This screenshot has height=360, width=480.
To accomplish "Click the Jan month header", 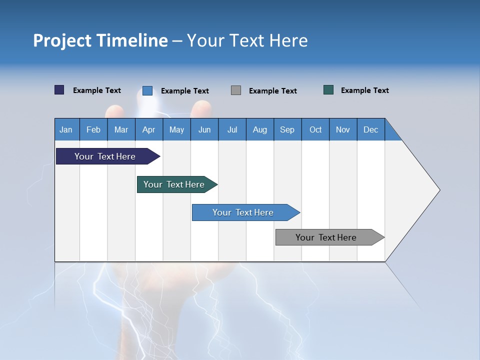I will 66,129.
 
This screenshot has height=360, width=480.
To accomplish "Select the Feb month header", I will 93,129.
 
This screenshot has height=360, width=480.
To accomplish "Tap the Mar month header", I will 121,129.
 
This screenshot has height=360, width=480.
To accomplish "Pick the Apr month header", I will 149,129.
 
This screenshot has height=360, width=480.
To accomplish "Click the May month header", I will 176,129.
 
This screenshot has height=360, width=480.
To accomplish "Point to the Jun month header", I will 204,129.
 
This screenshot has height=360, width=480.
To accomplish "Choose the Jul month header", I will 232,129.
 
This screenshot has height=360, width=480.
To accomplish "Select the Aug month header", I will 260,129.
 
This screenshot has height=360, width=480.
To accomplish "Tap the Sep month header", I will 287,129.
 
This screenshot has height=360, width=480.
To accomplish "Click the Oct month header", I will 315,129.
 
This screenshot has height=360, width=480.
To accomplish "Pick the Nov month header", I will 343,129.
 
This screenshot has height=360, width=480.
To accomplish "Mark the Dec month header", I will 371,129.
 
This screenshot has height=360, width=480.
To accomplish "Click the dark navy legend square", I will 59,90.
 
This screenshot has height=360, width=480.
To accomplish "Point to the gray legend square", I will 236,90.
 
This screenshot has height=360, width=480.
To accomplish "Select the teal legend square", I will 328,90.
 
